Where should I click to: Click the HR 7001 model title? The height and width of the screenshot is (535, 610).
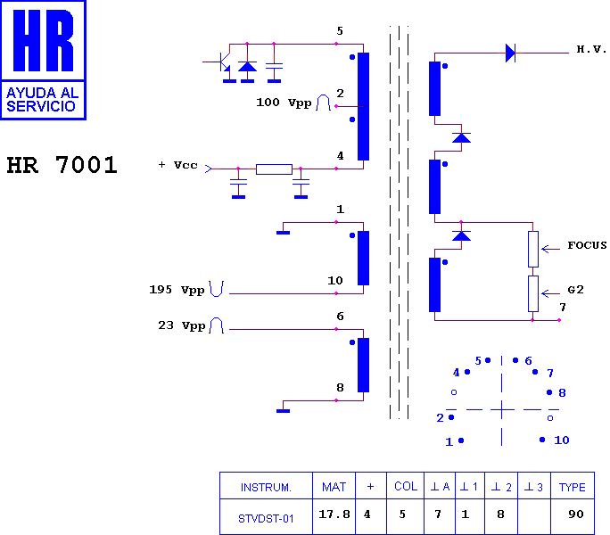coord(62,165)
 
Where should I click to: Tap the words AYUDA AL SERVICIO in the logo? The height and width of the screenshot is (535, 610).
coord(43,100)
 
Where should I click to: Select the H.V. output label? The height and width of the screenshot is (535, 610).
coord(591,49)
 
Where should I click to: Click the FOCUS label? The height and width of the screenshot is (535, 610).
coord(587,245)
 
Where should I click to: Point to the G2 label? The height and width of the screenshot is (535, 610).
coord(576,290)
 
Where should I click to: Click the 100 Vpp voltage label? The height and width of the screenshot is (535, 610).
coord(284,103)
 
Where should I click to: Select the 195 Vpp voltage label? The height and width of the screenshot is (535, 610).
coord(177,290)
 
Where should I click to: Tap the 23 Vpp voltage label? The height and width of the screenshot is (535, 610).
coord(182,325)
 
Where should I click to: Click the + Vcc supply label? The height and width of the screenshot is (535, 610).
coord(178,165)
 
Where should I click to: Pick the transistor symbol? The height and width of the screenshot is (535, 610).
coord(224,62)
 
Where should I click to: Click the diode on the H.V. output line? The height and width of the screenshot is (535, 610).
coord(510,53)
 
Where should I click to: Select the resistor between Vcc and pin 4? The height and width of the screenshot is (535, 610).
coord(274,169)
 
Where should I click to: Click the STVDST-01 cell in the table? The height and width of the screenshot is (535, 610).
coord(266,519)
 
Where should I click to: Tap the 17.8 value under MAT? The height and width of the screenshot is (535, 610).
coord(334,514)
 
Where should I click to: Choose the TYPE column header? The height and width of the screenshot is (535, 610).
coord(573,487)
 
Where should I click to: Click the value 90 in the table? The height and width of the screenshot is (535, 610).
coord(576,514)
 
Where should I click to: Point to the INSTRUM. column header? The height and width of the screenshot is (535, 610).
coord(266,488)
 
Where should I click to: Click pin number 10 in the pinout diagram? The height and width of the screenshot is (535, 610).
coord(561,440)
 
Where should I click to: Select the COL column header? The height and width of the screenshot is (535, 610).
coord(406,486)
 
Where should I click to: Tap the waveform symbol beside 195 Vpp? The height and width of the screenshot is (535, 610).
coord(217,289)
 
